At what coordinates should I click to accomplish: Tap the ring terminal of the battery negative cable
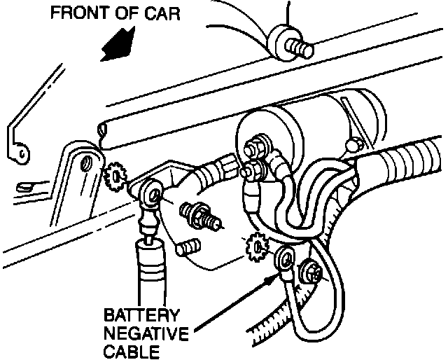[x=286, y=259]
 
